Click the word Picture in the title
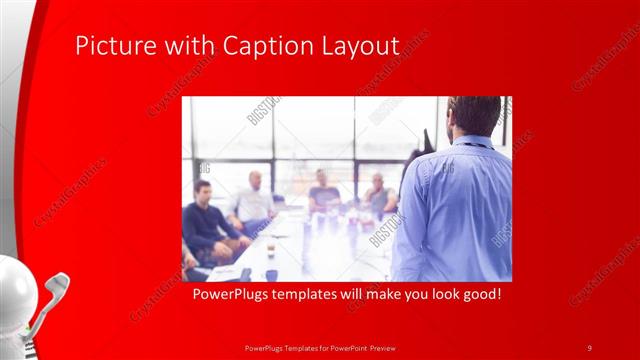(x=109, y=46)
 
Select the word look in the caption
(x=434, y=297)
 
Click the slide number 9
(x=589, y=347)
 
